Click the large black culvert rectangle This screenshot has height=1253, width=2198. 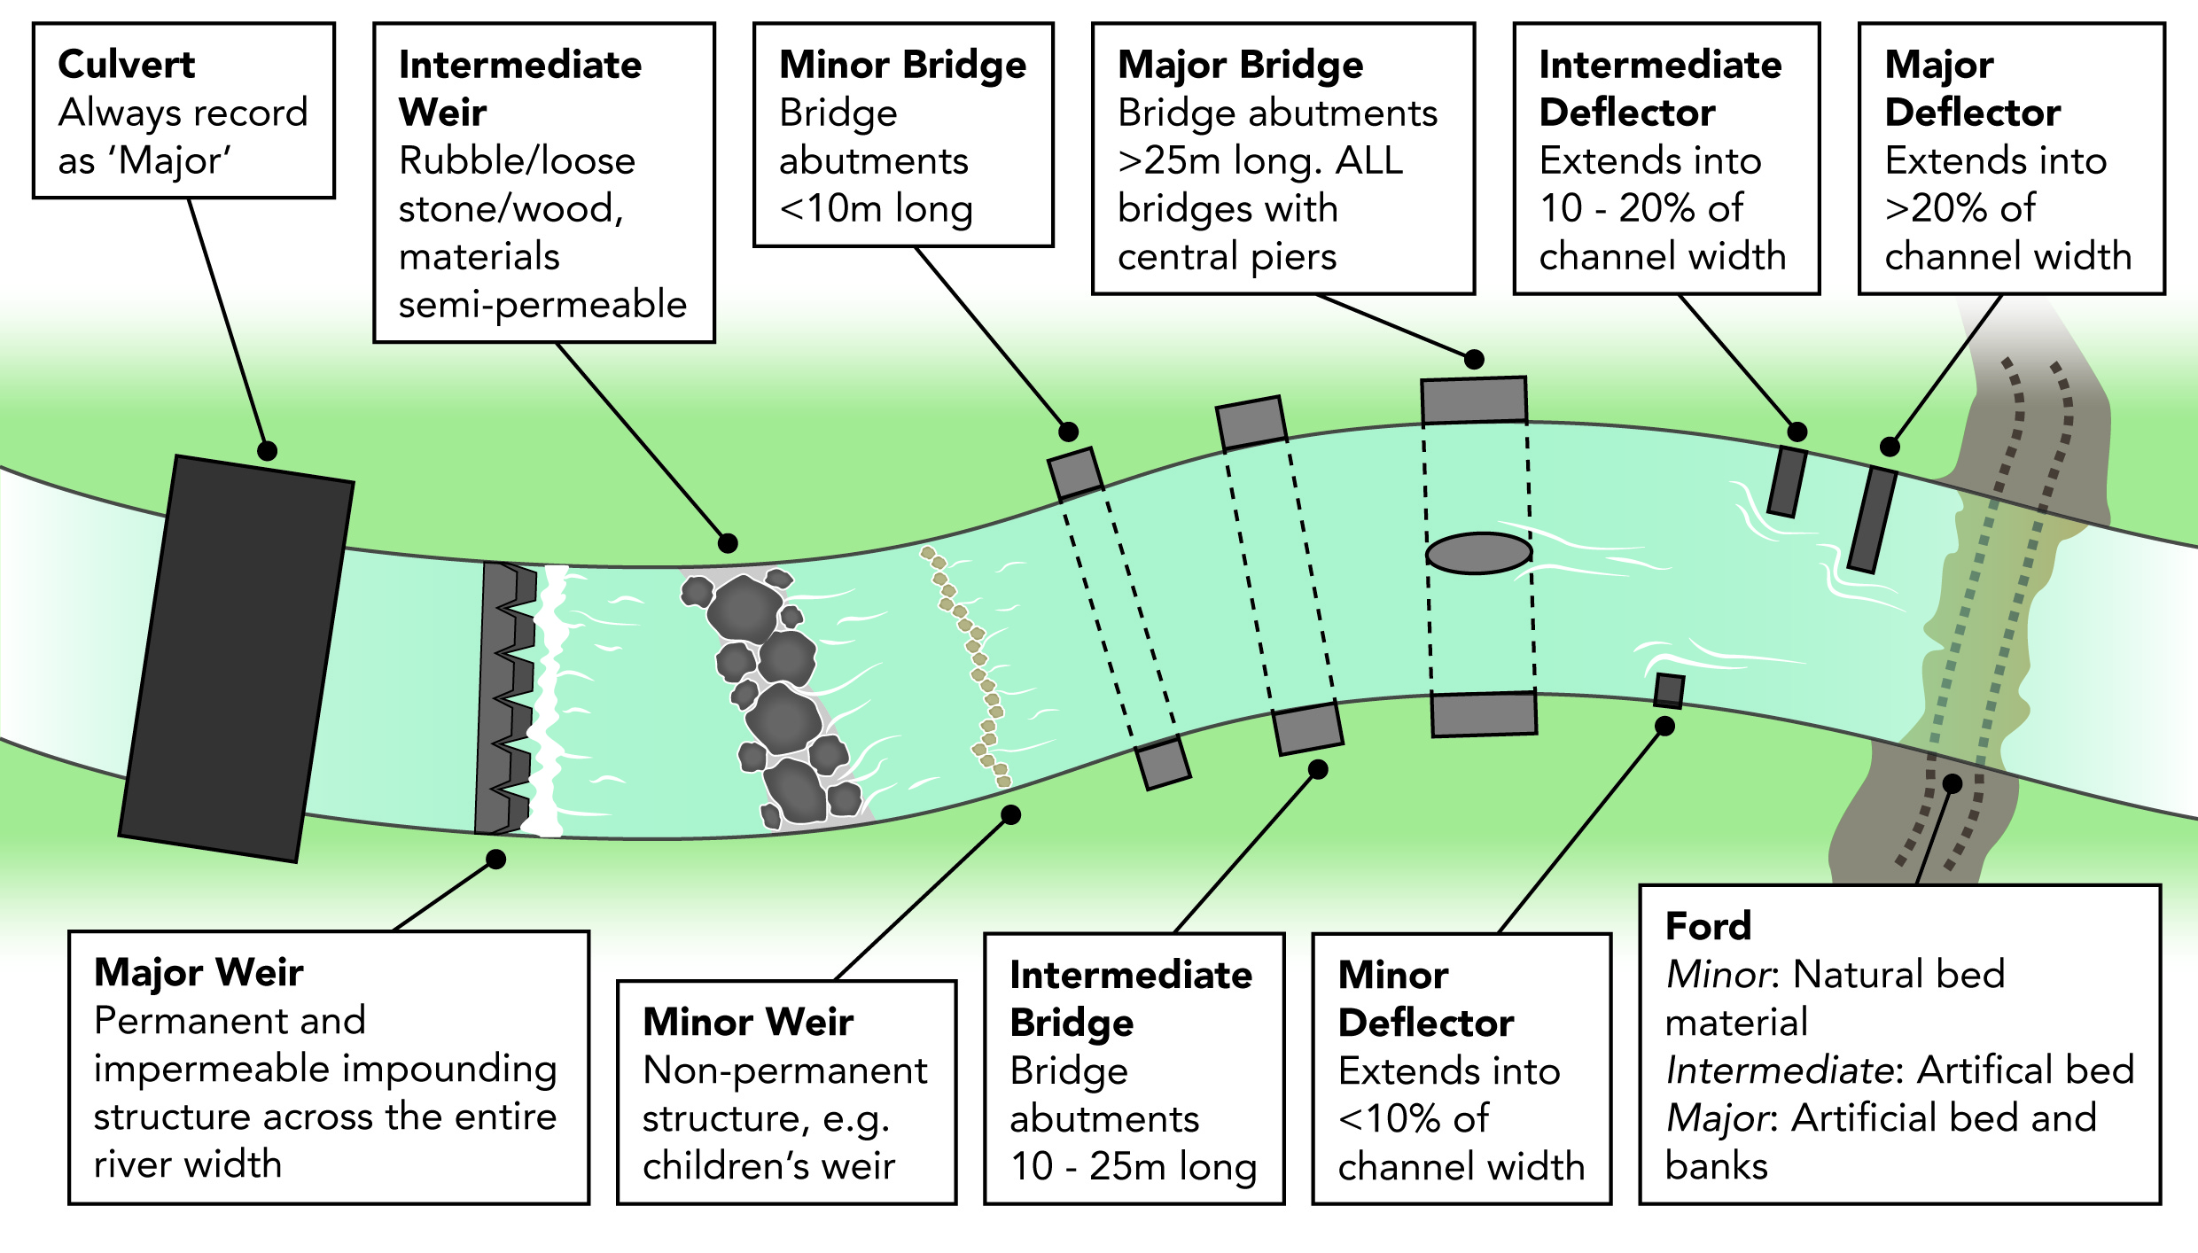pyautogui.click(x=237, y=658)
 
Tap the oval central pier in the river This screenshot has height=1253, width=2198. pyautogui.click(x=1478, y=553)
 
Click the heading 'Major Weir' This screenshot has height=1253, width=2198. pyautogui.click(x=199, y=972)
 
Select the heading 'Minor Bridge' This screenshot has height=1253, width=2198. pyautogui.click(x=902, y=65)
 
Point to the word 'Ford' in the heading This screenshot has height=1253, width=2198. pyautogui.click(x=1708, y=926)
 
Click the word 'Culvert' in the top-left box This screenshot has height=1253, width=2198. pyautogui.click(x=126, y=65)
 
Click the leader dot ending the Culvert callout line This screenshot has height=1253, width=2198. pyautogui.click(x=267, y=451)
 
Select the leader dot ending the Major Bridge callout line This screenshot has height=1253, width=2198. pyautogui.click(x=1474, y=359)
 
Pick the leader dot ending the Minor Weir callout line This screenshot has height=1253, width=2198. pyautogui.click(x=1010, y=814)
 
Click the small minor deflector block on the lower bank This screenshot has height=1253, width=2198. pyautogui.click(x=1669, y=691)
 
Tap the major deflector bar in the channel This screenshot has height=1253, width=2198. pyautogui.click(x=1872, y=520)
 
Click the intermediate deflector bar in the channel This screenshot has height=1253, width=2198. pyautogui.click(x=1787, y=481)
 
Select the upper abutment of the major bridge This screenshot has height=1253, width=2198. pyautogui.click(x=1474, y=401)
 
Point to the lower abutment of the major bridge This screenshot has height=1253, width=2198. pyautogui.click(x=1484, y=714)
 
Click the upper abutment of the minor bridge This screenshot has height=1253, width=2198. pyautogui.click(x=1076, y=474)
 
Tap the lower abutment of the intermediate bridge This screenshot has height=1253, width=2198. pyautogui.click(x=1307, y=728)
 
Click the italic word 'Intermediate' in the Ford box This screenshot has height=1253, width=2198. pyautogui.click(x=1780, y=1070)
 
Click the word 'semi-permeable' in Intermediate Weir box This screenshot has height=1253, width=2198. pyautogui.click(x=542, y=305)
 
